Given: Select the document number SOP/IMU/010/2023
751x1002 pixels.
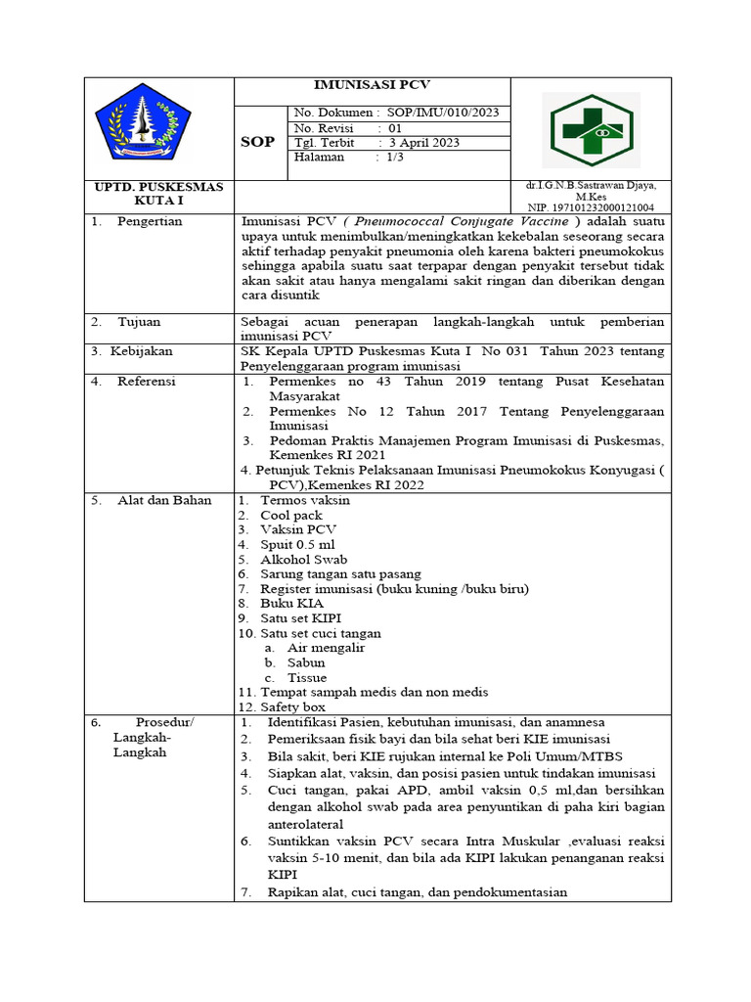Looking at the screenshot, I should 443,113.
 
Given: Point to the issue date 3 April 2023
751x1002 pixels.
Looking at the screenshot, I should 424,142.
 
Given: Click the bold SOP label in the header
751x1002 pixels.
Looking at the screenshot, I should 258,142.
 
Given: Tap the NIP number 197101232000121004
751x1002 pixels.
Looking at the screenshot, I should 591,207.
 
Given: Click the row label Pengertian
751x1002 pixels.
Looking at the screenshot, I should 150,222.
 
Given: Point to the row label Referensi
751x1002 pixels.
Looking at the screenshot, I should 147,382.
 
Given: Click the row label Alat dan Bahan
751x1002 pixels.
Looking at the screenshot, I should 164,501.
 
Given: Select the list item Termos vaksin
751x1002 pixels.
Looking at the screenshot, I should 304,501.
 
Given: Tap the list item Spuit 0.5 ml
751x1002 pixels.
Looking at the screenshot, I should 297,544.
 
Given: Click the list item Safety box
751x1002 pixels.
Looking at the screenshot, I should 292,706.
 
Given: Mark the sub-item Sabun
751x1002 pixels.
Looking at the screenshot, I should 306,662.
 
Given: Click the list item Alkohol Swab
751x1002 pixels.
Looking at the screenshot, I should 303,559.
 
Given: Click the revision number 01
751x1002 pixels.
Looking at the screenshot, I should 395,127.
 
